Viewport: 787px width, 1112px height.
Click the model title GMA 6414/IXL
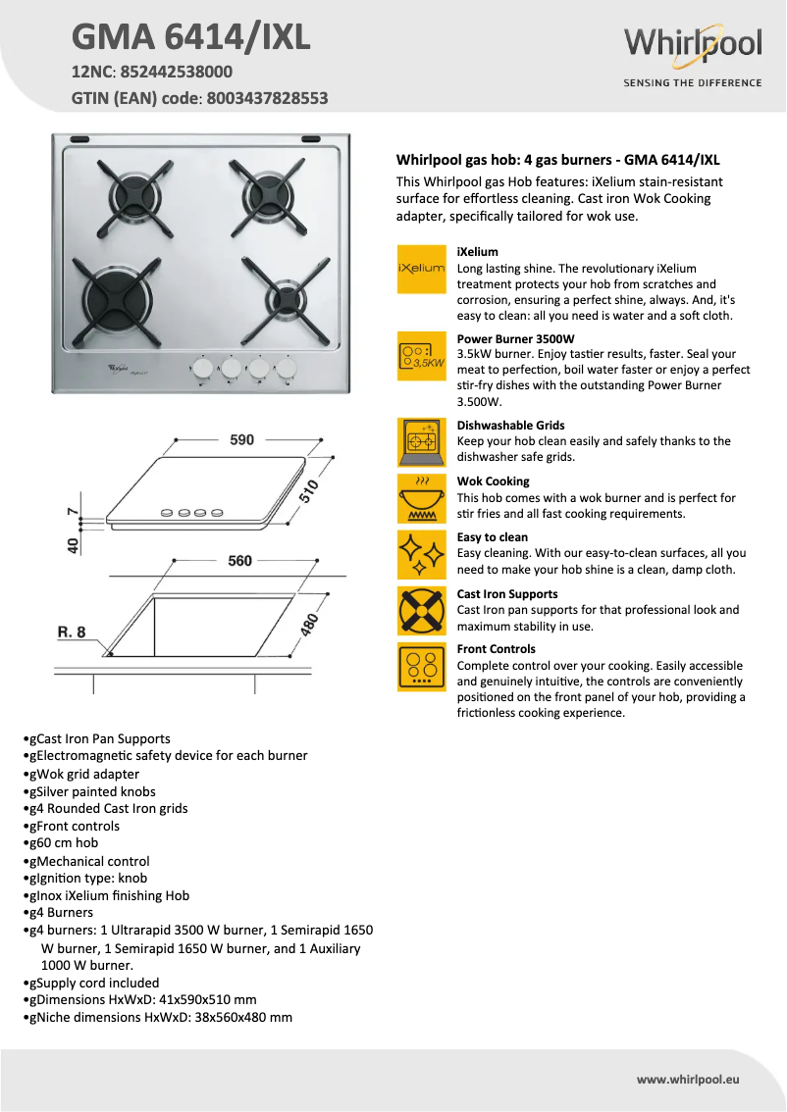click(x=190, y=37)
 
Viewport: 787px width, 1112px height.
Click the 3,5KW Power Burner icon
click(x=421, y=356)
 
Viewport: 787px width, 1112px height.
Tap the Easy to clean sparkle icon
click(x=421, y=554)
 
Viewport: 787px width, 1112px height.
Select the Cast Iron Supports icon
click(x=421, y=610)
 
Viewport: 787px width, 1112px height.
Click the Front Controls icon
click(x=421, y=667)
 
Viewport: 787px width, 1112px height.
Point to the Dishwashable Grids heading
click(x=510, y=426)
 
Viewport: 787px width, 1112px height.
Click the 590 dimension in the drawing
click(x=241, y=440)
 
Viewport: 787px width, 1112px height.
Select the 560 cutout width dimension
click(x=240, y=561)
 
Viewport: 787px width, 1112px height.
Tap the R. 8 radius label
click(x=71, y=632)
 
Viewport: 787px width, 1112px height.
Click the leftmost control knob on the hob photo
click(x=201, y=368)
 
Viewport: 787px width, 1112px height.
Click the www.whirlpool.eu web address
click(x=687, y=1079)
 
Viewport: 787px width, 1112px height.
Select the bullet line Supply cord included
click(x=94, y=983)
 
